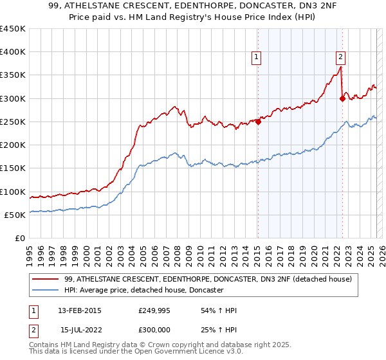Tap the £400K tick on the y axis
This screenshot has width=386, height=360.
tap(12, 52)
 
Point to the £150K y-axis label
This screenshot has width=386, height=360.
tap(12, 168)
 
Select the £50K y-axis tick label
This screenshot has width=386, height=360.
tap(15, 215)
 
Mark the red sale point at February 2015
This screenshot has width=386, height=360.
tap(258, 122)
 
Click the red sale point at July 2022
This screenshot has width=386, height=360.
tap(342, 98)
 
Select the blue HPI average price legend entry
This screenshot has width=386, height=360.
tap(143, 291)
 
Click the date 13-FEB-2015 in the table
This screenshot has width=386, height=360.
tap(80, 310)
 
